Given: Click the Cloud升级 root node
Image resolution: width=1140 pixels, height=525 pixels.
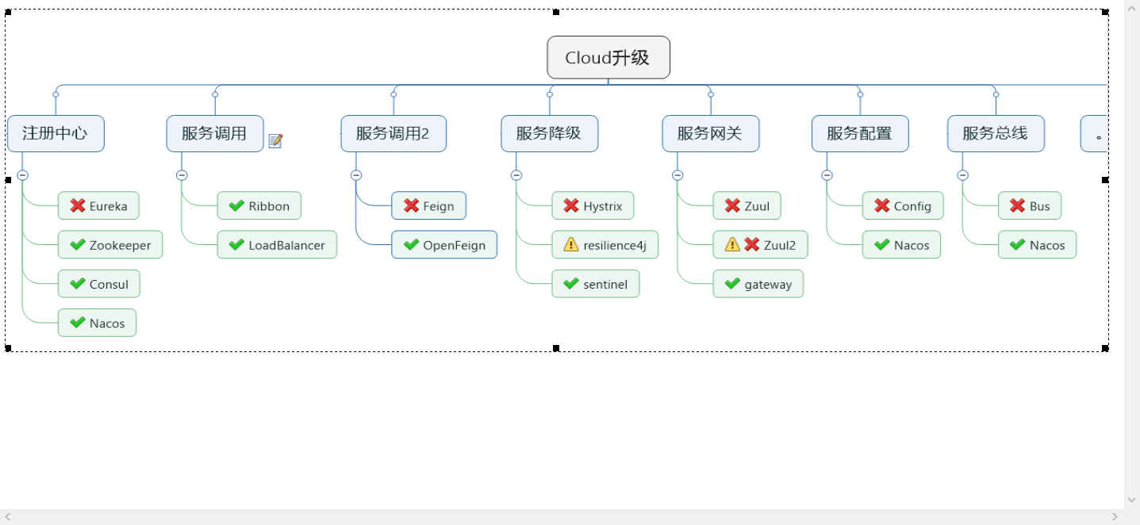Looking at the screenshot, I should pyautogui.click(x=608, y=58).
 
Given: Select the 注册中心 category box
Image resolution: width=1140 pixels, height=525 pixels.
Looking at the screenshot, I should pyautogui.click(x=56, y=133).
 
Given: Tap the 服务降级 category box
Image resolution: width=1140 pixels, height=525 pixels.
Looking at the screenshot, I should pyautogui.click(x=549, y=133).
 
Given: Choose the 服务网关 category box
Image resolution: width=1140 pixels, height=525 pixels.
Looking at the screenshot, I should pyautogui.click(x=710, y=133).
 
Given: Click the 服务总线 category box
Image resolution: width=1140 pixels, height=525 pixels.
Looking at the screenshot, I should pyautogui.click(x=996, y=133).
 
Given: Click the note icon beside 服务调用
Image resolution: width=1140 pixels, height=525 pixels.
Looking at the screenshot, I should pyautogui.click(x=275, y=141).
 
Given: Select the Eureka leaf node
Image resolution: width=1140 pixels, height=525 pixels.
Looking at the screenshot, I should pyautogui.click(x=98, y=206).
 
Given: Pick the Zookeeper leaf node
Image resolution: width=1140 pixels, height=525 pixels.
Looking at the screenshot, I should pyautogui.click(x=110, y=245).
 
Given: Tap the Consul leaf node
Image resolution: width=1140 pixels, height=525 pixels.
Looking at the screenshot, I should pyautogui.click(x=99, y=285).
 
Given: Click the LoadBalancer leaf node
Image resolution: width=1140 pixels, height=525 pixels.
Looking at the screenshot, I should pyautogui.click(x=277, y=245).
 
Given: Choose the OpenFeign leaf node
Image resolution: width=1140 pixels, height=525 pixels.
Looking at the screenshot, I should pyautogui.click(x=444, y=245).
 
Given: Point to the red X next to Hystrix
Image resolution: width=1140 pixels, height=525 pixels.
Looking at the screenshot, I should pyautogui.click(x=570, y=206).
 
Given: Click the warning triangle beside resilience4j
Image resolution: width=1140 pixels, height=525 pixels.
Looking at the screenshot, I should pyautogui.click(x=570, y=245).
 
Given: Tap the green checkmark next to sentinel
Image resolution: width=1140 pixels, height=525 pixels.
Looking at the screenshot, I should pyautogui.click(x=570, y=284).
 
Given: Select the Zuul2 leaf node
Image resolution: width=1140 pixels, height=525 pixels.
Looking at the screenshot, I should pyautogui.click(x=760, y=245).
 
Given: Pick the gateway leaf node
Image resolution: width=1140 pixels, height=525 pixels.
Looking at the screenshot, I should pyautogui.click(x=758, y=285).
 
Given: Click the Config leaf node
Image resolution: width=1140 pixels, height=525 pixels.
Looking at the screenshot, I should pyautogui.click(x=903, y=206).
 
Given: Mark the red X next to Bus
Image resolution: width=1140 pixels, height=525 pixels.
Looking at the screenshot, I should pyautogui.click(x=1017, y=206).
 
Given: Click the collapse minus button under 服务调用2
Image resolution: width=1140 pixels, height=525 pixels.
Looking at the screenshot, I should pyautogui.click(x=356, y=175).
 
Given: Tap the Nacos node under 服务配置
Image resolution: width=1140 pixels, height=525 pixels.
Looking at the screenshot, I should pyautogui.click(x=901, y=245).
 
